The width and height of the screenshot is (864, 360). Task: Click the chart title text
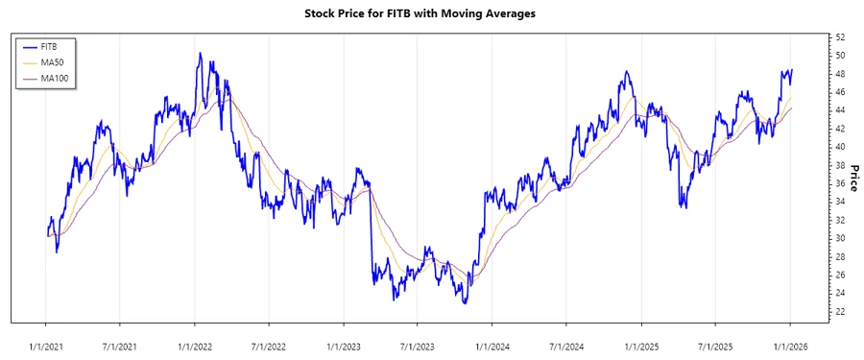432,13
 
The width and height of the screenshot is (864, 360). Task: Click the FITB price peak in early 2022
200,54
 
